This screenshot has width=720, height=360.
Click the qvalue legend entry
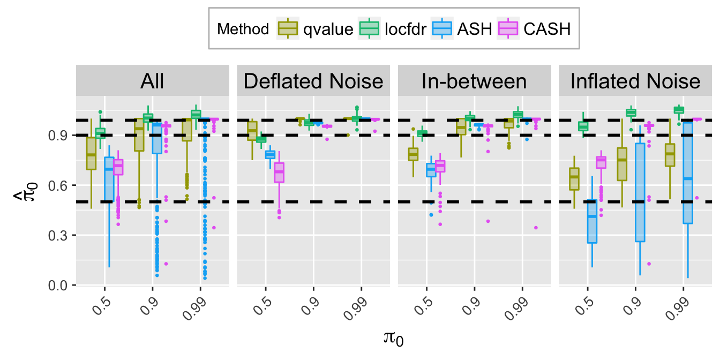(316, 29)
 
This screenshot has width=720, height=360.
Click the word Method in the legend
(243, 29)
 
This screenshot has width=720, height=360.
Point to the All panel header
(152, 81)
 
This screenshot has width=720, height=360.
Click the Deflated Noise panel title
(313, 81)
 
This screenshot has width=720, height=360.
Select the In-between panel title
(474, 81)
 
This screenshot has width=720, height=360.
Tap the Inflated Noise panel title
(635, 81)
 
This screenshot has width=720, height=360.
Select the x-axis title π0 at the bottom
(393, 339)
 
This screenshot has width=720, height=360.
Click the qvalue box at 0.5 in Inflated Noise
(574, 178)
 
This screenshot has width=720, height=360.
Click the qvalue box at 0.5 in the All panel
(91, 154)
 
